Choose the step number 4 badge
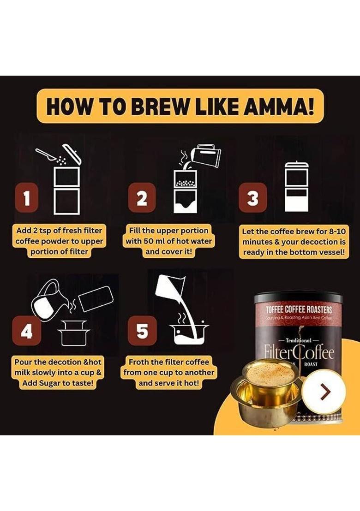click(27, 331)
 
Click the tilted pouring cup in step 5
click(169, 285)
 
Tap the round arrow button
click(326, 392)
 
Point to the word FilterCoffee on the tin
click(298, 353)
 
